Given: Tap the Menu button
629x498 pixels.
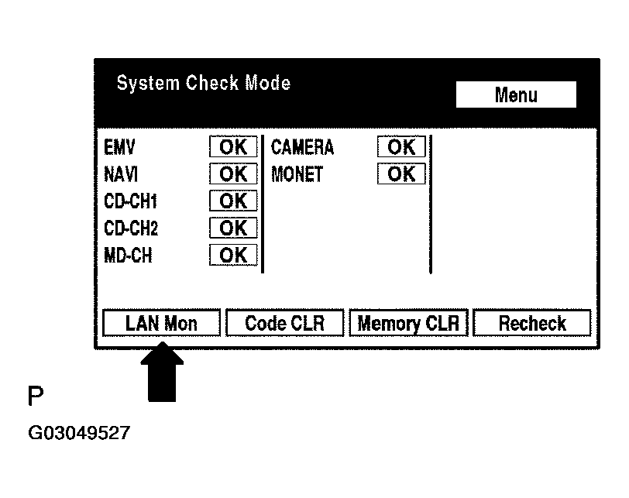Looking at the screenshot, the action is (x=516, y=94).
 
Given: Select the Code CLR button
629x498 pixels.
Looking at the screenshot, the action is (x=285, y=323).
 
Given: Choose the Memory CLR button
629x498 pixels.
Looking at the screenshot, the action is (x=408, y=323).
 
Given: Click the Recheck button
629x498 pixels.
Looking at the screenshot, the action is (x=532, y=323).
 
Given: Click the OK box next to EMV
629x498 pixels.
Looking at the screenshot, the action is (x=233, y=146).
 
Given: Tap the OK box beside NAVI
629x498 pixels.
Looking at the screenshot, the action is (x=233, y=173).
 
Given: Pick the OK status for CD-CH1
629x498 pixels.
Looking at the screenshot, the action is (x=233, y=201).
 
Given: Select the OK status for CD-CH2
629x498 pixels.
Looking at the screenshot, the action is (x=233, y=228).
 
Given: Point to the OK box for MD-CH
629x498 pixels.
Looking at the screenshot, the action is (x=233, y=255).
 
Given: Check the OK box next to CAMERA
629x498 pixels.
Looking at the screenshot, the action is (x=401, y=146).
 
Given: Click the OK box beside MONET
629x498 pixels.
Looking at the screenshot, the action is (x=401, y=173).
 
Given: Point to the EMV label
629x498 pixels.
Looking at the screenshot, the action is (x=119, y=147).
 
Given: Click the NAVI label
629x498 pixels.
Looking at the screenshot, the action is (x=121, y=174).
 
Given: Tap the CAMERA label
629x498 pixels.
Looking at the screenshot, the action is (x=302, y=147).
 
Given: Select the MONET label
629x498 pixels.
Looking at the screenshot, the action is (x=297, y=174).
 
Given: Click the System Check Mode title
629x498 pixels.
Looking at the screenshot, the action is (x=204, y=84).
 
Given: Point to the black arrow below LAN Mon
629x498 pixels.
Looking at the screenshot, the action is (x=162, y=372).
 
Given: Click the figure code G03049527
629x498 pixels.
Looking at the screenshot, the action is (x=79, y=433).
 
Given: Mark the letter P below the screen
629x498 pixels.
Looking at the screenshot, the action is (x=36, y=396).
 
